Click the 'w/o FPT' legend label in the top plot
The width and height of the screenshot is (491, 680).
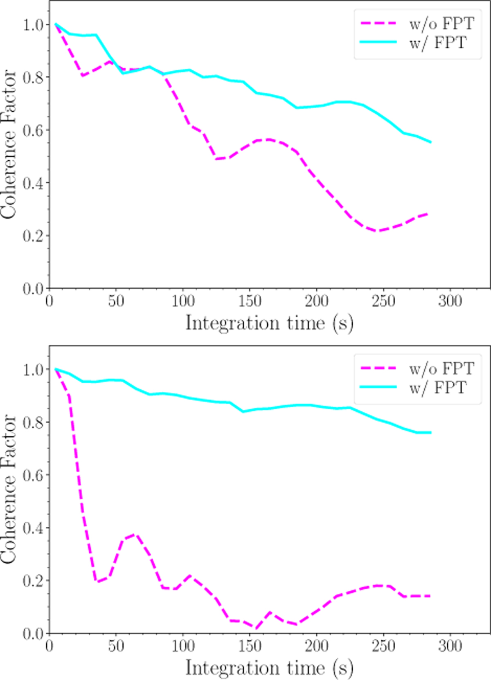tap(441, 24)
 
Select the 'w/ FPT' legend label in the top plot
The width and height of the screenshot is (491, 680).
tap(438, 43)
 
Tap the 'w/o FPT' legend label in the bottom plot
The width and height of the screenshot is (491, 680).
tap(441, 368)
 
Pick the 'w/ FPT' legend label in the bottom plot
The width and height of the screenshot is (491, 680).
tap(438, 387)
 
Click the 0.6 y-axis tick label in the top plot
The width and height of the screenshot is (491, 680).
tap(33, 130)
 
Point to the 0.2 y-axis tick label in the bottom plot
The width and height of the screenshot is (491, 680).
tap(33, 581)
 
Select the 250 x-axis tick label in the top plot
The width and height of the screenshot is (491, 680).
tap(383, 301)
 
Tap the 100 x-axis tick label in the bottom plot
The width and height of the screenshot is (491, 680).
tap(183, 646)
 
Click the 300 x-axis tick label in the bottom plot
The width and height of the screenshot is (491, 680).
tap(450, 646)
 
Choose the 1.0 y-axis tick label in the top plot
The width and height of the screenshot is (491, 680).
tap(33, 25)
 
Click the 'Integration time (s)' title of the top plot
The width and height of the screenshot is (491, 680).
tap(269, 323)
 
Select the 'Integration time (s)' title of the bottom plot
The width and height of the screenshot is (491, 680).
tap(269, 668)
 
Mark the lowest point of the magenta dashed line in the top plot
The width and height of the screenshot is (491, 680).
tap(378, 231)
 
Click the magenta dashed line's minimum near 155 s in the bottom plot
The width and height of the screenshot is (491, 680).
tap(256, 628)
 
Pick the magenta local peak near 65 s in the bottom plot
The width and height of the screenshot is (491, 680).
tap(135, 534)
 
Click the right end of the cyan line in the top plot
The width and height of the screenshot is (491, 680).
tap(431, 142)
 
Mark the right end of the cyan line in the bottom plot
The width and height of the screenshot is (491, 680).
tap(431, 433)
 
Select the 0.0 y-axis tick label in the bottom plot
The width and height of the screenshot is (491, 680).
tap(33, 633)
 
